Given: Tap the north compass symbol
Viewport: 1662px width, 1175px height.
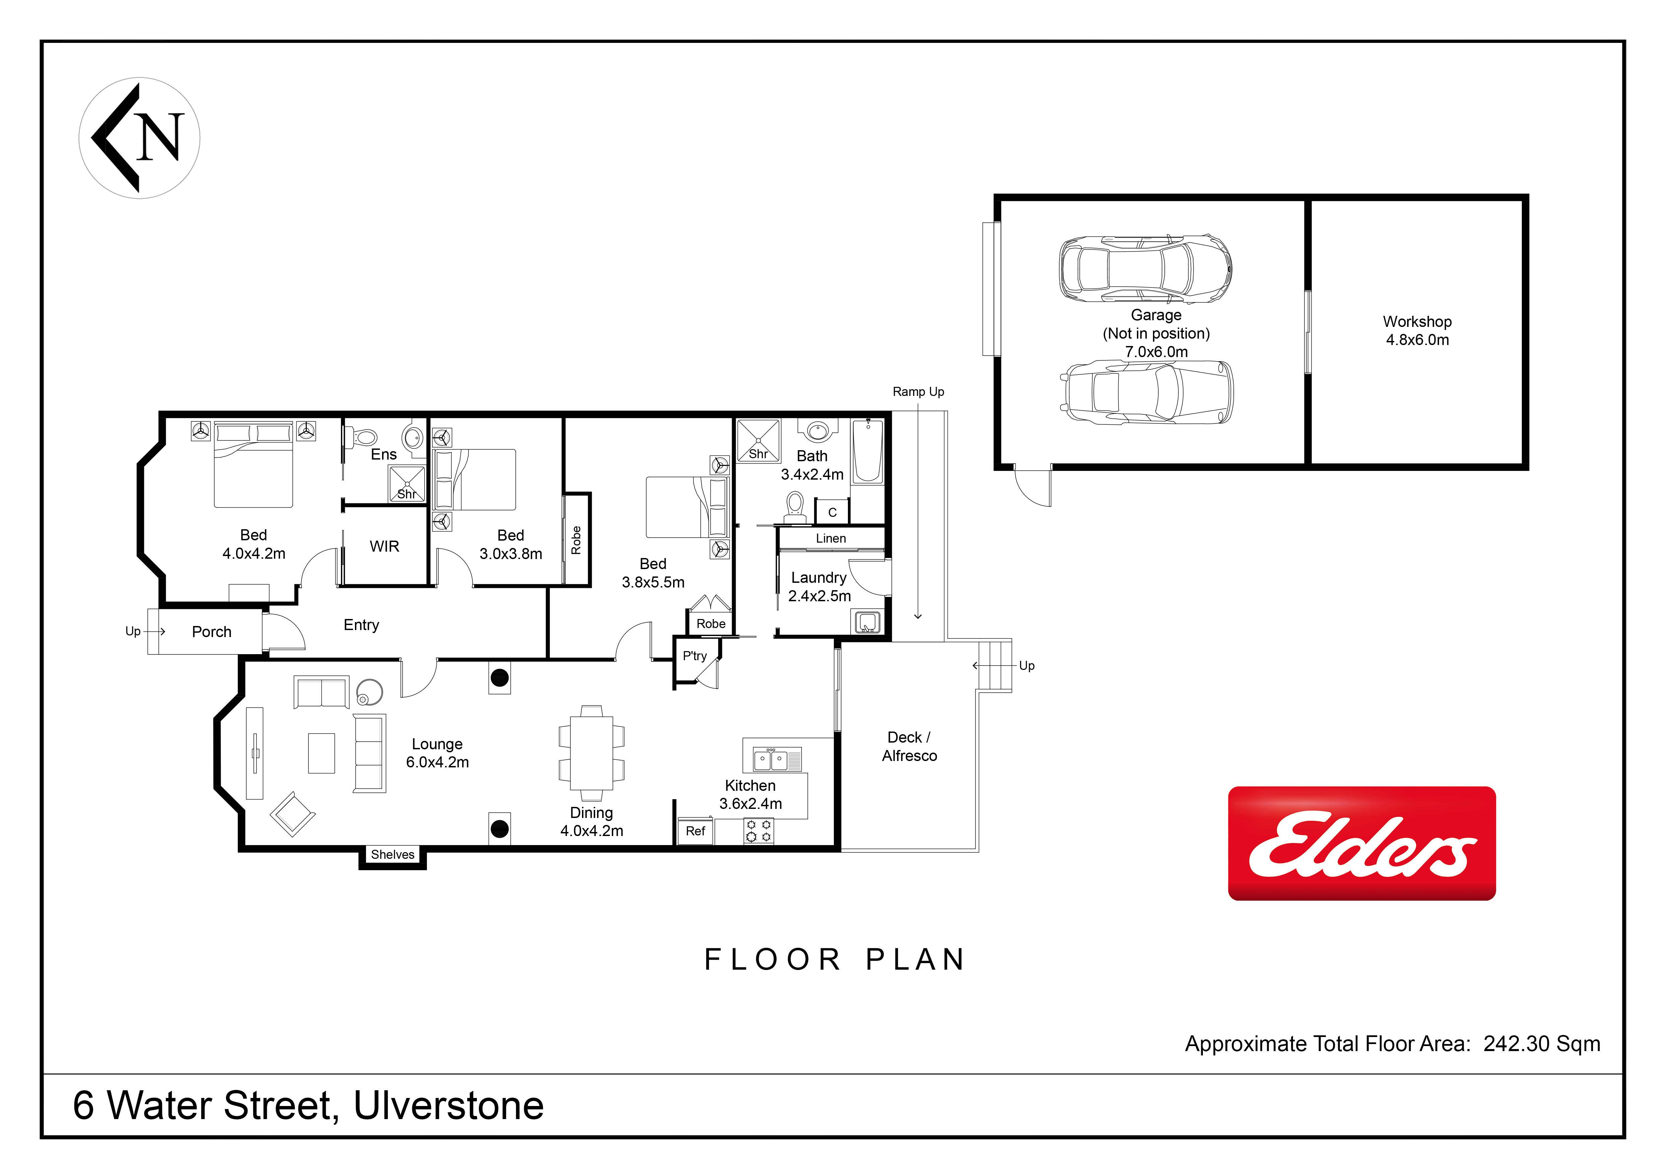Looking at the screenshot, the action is point(139,138).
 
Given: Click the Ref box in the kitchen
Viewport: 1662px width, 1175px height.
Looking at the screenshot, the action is point(695,831).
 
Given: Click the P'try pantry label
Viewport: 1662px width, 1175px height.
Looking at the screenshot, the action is point(695,656).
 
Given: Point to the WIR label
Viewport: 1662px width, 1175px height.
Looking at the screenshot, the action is point(384,547).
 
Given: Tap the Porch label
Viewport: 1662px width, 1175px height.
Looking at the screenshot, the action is point(211,632).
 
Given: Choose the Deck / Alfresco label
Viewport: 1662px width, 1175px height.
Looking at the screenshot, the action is point(909,746).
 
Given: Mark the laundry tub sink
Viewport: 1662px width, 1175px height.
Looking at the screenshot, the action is point(868,622).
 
